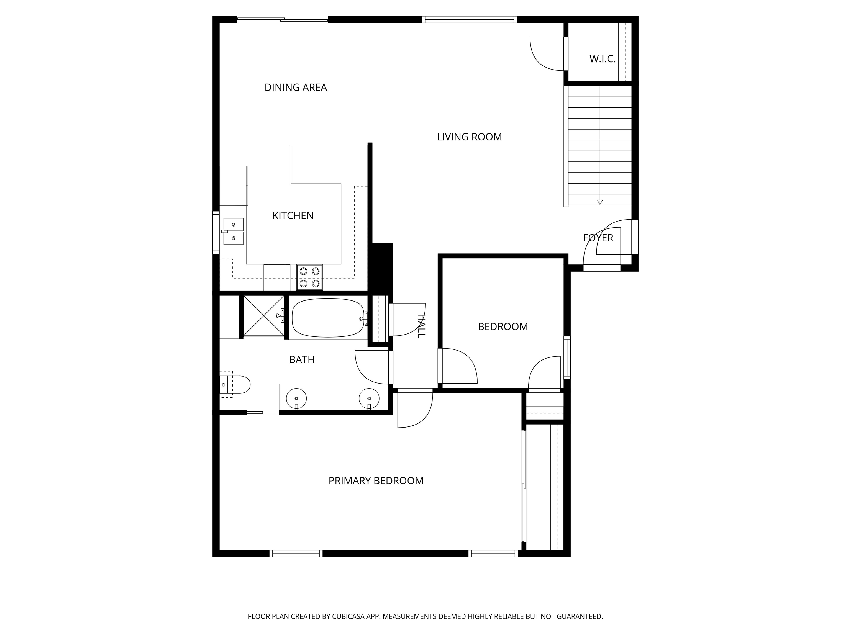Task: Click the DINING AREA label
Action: tap(296, 88)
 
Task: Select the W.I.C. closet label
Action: tap(602, 59)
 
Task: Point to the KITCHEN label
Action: tap(293, 216)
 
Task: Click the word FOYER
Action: tap(598, 238)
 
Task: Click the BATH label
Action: tap(302, 360)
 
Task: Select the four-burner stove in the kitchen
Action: tap(309, 277)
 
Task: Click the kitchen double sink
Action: tap(234, 231)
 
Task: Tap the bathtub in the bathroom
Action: tap(328, 318)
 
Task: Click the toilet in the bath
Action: tap(236, 385)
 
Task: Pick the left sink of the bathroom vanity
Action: tap(296, 398)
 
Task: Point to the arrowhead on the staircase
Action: tap(599, 202)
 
